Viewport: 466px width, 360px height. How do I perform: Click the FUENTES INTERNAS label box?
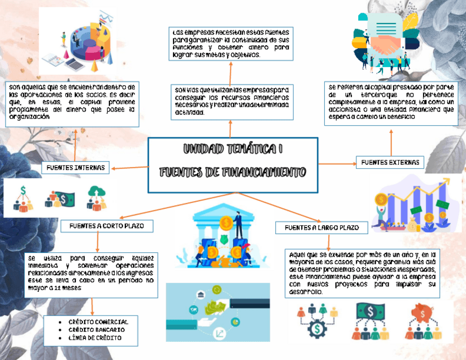76,168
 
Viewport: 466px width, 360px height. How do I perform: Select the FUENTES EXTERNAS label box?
391,162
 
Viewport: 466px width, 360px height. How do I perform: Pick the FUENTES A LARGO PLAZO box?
321,228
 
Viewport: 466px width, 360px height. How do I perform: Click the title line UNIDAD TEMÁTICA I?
233,149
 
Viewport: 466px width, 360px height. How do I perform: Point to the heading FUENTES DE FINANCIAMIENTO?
233,173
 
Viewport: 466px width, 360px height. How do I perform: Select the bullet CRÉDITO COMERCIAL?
98,322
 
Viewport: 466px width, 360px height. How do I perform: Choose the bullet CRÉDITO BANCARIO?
96,330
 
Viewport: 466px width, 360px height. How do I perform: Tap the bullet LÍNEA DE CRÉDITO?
95,338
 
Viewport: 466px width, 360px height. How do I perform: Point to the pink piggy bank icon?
423,313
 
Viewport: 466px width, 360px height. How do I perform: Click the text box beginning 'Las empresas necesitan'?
230,43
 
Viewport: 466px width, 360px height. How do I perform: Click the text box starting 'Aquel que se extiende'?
363,273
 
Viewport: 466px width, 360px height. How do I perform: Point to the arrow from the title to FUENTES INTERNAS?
129,167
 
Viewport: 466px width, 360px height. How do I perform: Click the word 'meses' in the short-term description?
72,287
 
